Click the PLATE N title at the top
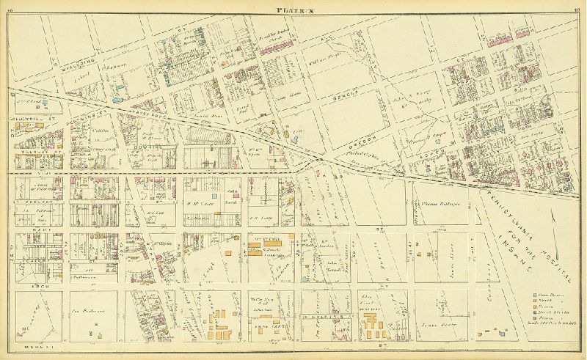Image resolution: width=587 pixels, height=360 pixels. coord(293,8)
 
